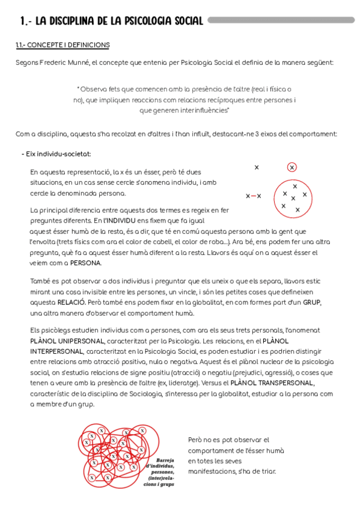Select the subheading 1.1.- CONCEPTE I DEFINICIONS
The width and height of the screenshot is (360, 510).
(63, 46)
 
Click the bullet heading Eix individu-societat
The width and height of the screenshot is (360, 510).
(58, 154)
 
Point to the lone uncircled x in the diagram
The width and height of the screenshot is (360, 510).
(257, 167)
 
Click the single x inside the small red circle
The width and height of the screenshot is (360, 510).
(292, 167)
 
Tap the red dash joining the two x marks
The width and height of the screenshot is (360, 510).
(253, 196)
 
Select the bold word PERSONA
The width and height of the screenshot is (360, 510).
(85, 263)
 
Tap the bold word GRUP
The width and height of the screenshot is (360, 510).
(311, 302)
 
